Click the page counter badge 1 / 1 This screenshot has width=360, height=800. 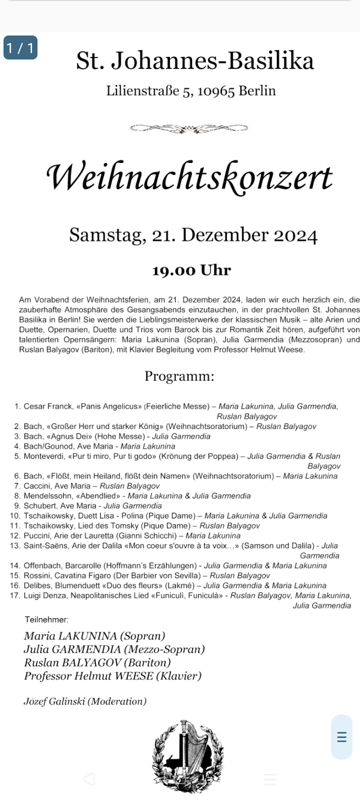point(20,48)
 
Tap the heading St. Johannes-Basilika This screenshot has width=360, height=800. point(195,61)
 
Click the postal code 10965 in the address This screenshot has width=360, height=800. point(216,91)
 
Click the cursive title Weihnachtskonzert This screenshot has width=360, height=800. point(189,177)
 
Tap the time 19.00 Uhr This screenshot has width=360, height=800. point(191,270)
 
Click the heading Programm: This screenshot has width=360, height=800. point(179,376)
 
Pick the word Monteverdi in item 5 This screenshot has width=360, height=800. point(44,456)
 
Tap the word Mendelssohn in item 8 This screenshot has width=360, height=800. point(47,496)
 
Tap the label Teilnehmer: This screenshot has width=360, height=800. point(46,619)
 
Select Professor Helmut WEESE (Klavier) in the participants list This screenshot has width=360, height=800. point(112,676)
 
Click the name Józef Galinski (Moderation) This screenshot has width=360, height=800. point(85,701)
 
